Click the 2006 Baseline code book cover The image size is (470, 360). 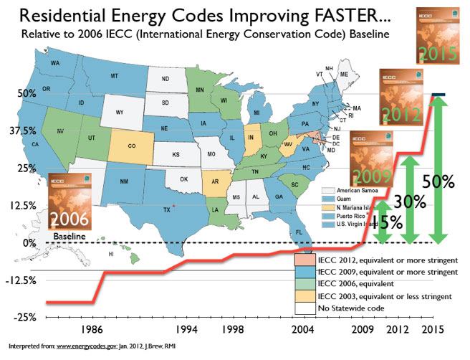coord(69,204)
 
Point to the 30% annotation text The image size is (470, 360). coord(408,203)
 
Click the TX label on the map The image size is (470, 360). coord(166,210)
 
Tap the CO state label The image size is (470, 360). coord(132,146)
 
